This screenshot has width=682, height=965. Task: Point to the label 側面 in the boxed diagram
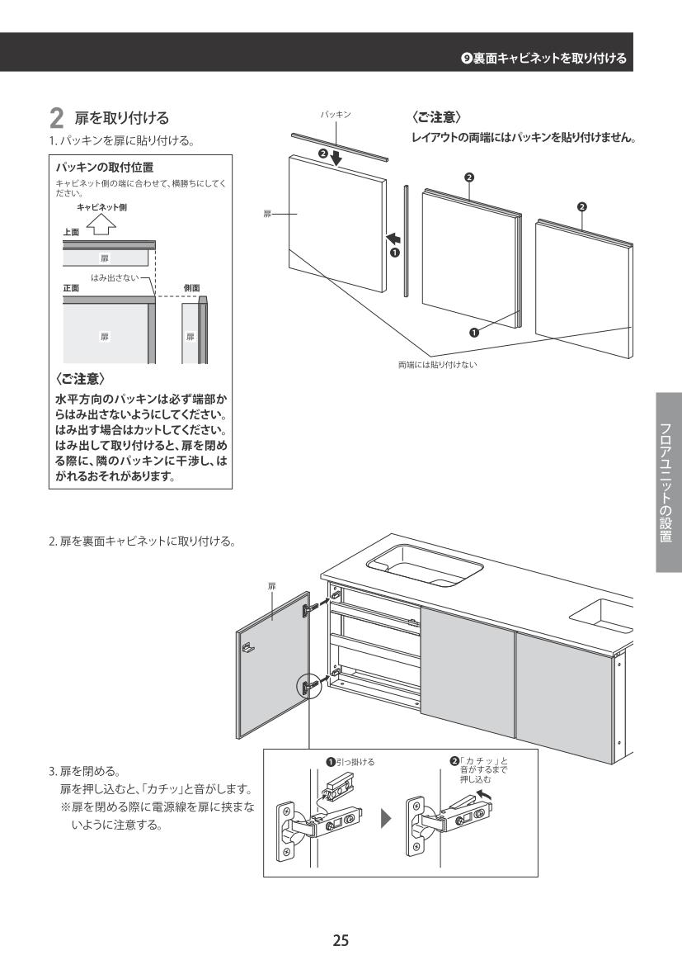190,288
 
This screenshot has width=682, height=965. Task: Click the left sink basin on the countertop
425,564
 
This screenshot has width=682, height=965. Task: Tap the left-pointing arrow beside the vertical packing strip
393,239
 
